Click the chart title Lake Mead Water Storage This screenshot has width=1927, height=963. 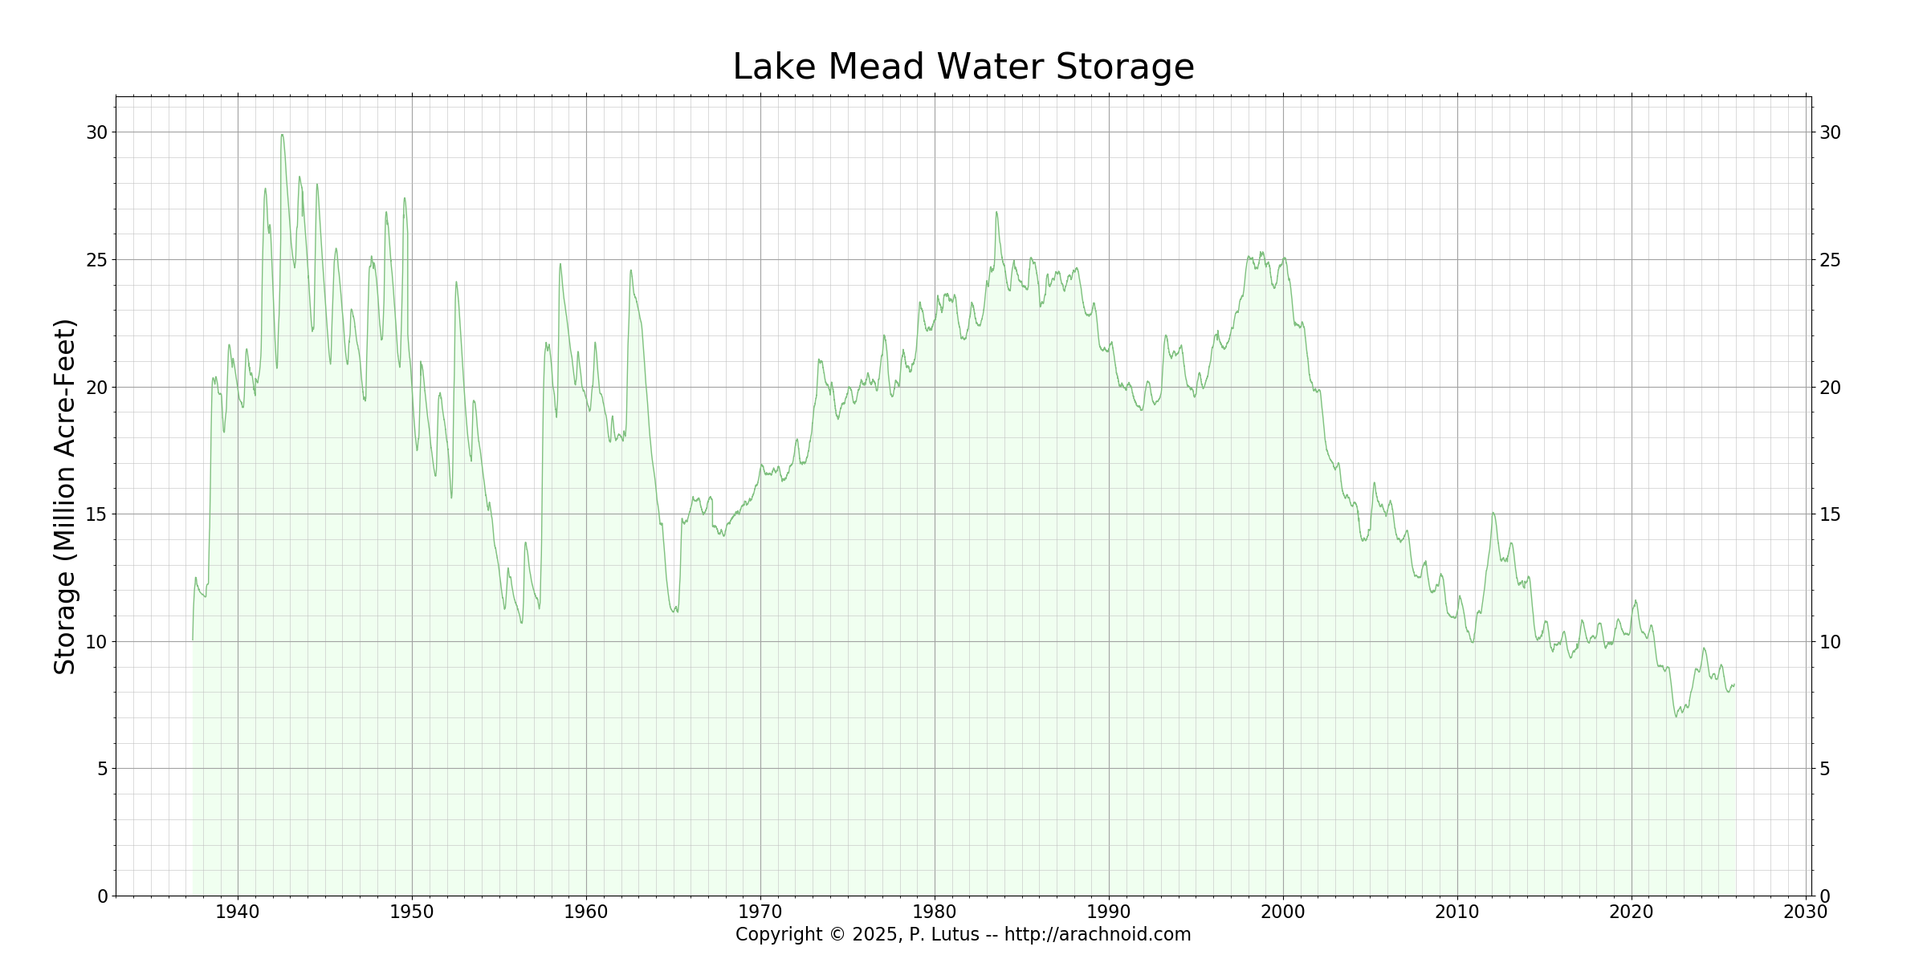click(963, 67)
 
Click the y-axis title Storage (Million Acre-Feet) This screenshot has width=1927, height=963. click(65, 497)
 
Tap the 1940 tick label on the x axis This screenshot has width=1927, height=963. click(238, 912)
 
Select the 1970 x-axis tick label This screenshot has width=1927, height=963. click(760, 912)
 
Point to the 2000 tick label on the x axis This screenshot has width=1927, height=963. click(1283, 912)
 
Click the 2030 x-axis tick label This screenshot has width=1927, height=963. click(1806, 912)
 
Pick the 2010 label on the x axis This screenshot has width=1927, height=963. click(1457, 912)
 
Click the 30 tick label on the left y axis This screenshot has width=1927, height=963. click(97, 132)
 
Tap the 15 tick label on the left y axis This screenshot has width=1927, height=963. click(97, 514)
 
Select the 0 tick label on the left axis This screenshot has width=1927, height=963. click(103, 896)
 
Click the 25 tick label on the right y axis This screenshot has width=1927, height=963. click(1830, 260)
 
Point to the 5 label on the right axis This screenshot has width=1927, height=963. click(1824, 769)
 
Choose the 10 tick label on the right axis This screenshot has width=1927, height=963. click(1830, 642)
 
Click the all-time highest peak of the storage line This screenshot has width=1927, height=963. click(282, 135)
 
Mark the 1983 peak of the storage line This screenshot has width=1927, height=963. click(996, 213)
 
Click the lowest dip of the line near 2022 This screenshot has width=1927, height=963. click(1676, 716)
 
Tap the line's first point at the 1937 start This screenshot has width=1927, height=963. click(193, 639)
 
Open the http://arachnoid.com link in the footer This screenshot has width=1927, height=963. click(1098, 935)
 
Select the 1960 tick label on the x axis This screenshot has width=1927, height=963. click(586, 912)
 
